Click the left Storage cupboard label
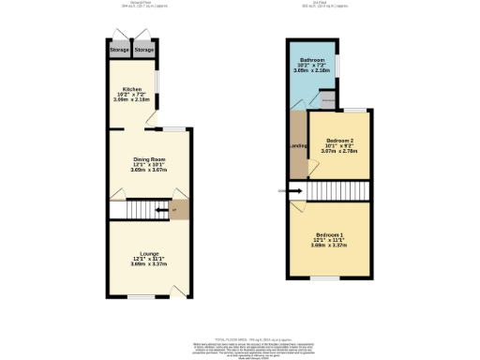pyautogui.click(x=119, y=49)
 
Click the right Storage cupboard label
pyautogui.click(x=143, y=49)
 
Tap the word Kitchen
pyautogui.click(x=131, y=89)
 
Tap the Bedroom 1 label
pyautogui.click(x=329, y=232)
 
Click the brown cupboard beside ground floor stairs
pyautogui.click(x=177, y=209)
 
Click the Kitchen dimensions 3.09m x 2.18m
pyautogui.click(x=131, y=99)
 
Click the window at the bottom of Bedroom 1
pyautogui.click(x=325, y=277)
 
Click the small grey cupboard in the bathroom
pyautogui.click(x=328, y=98)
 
